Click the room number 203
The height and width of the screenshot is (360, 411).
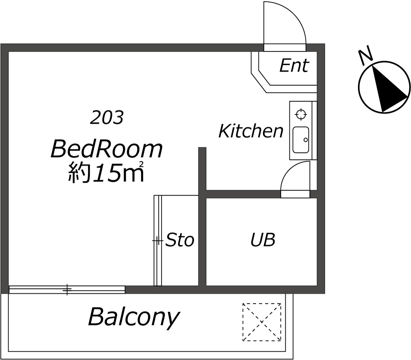[x=107, y=117]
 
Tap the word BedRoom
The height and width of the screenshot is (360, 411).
[x=107, y=149]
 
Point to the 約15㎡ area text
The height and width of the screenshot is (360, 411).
[x=106, y=172]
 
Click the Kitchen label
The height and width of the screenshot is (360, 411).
[x=251, y=131]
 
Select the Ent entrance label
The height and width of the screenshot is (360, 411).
[x=294, y=65]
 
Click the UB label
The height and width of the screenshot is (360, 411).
[x=263, y=239]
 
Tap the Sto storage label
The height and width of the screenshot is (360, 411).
[x=180, y=239]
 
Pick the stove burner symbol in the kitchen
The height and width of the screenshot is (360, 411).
[x=301, y=114]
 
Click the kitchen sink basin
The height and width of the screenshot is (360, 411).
[x=301, y=140]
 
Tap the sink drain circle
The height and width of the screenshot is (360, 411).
[x=306, y=140]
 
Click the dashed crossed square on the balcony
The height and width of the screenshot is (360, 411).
[x=262, y=322]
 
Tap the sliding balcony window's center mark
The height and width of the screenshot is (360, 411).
[x=67, y=290]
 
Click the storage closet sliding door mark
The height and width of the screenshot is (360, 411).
[x=157, y=241]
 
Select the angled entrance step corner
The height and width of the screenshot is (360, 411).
[x=259, y=70]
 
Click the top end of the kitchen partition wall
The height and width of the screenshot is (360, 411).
[x=202, y=148]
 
